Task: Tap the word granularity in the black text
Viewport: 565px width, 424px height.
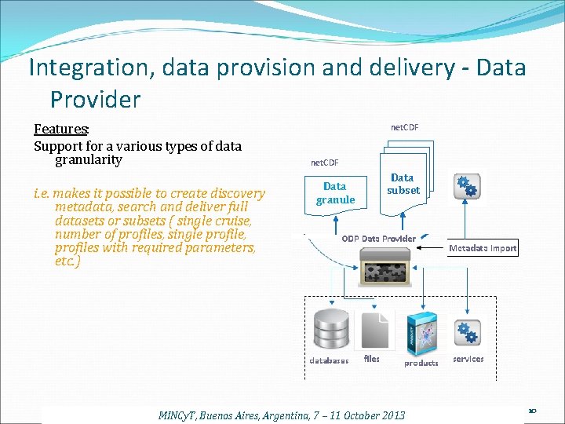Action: click(x=89, y=160)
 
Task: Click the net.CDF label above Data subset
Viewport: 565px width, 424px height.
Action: click(x=405, y=127)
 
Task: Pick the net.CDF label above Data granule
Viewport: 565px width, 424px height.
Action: click(x=325, y=163)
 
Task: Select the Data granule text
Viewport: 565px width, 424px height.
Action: click(x=335, y=193)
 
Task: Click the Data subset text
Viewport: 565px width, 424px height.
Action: click(x=403, y=184)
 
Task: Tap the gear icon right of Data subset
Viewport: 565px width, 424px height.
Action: click(x=466, y=185)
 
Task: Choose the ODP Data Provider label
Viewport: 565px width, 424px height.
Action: click(x=379, y=238)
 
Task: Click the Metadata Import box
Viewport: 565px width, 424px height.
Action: click(x=483, y=248)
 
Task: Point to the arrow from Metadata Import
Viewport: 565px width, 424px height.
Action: click(x=431, y=248)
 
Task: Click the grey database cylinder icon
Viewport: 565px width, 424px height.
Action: click(x=330, y=330)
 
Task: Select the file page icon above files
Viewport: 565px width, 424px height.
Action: click(x=372, y=329)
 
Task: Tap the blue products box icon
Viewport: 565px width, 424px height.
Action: click(x=421, y=332)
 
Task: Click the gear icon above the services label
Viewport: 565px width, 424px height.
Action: click(x=468, y=333)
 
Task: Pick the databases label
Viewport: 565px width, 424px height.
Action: click(x=329, y=361)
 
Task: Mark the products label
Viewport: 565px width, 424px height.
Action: click(x=421, y=363)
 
